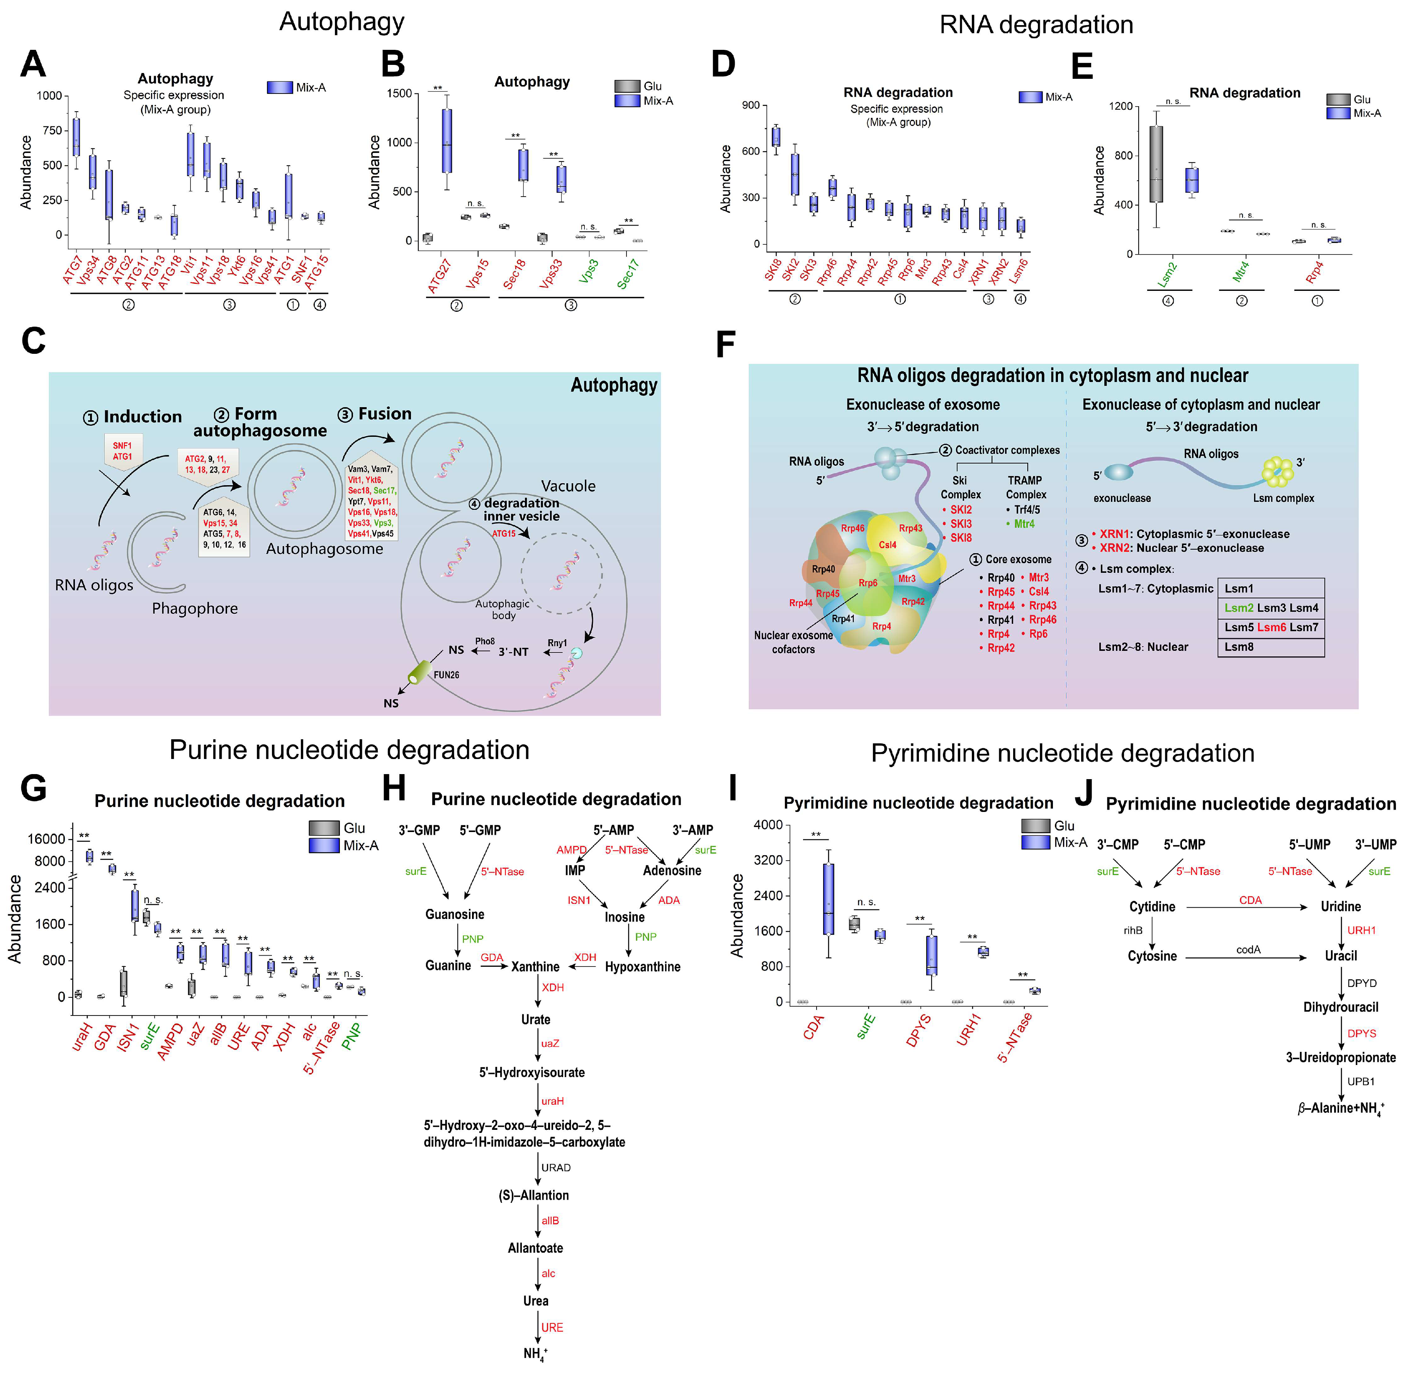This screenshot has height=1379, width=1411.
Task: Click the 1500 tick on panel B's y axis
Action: click(x=399, y=93)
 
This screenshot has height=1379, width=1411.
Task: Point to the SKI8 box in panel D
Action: click(x=776, y=136)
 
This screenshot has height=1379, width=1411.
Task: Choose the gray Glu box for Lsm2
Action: click(x=1156, y=164)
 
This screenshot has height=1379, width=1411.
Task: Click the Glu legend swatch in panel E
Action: click(x=1338, y=99)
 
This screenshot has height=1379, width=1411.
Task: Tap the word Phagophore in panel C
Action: click(x=195, y=608)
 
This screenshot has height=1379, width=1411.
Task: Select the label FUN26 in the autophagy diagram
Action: click(x=446, y=675)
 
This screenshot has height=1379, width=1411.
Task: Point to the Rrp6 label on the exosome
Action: click(x=868, y=583)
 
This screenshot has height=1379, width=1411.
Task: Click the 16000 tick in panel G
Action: click(x=46, y=839)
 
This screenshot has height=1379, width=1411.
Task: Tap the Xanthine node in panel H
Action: click(x=535, y=967)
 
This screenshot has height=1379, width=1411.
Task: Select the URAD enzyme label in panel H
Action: click(x=555, y=1167)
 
